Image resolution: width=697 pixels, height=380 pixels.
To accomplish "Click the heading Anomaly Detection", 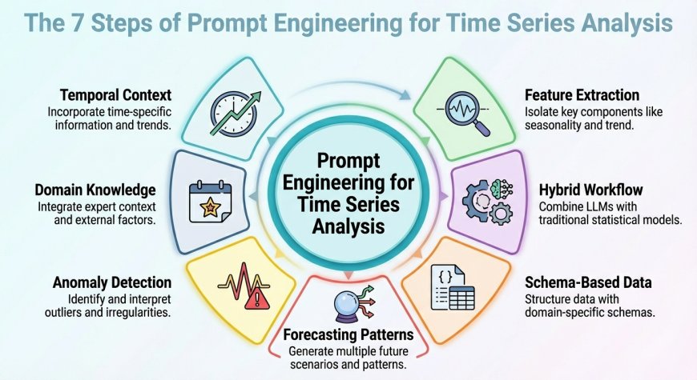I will (x=111, y=282).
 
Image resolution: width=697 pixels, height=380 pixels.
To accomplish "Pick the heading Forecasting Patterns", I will (x=348, y=335).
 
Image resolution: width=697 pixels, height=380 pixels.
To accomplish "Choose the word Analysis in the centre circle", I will (x=348, y=226).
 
